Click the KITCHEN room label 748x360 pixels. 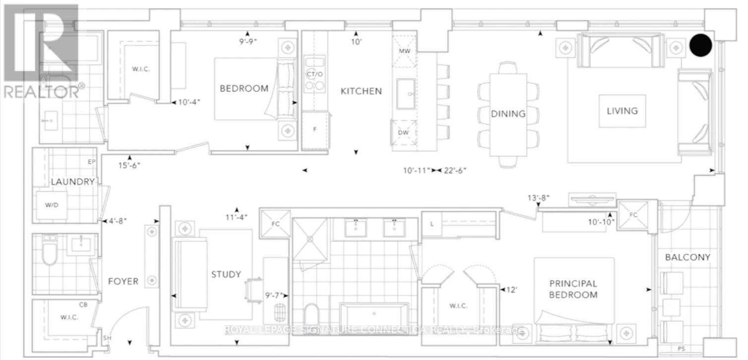(361, 91)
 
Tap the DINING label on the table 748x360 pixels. (508, 114)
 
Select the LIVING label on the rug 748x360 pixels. (622, 111)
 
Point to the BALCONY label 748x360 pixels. (687, 257)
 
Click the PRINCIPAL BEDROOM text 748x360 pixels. (573, 289)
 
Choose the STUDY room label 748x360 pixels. (226, 275)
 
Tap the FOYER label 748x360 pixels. (123, 281)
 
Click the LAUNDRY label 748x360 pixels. (73, 181)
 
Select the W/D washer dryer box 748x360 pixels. (52, 205)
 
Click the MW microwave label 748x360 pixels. (405, 51)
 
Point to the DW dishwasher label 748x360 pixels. (403, 132)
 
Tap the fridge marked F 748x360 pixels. (315, 130)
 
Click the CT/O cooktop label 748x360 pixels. (314, 74)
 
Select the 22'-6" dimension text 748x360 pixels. (455, 170)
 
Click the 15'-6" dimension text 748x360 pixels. (129, 165)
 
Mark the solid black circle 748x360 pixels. (700, 45)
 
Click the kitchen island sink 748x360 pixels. (406, 94)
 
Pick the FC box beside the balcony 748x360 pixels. (633, 215)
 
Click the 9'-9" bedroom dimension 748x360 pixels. (248, 42)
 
